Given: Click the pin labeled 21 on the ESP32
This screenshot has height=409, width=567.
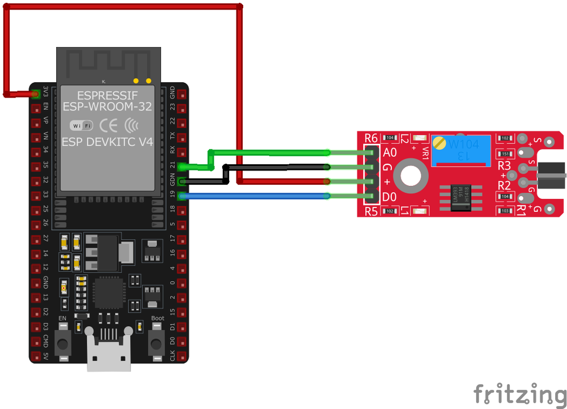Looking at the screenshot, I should point(181,167).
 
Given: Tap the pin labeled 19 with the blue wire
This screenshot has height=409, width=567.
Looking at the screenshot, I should point(181,196).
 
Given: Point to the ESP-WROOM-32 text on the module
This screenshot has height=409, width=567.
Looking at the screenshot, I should point(107,106).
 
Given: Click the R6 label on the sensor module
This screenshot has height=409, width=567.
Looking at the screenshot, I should point(371,138).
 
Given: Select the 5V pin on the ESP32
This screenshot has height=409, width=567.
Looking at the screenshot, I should point(36,356).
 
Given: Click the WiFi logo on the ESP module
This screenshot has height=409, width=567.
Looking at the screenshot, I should point(81,125).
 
